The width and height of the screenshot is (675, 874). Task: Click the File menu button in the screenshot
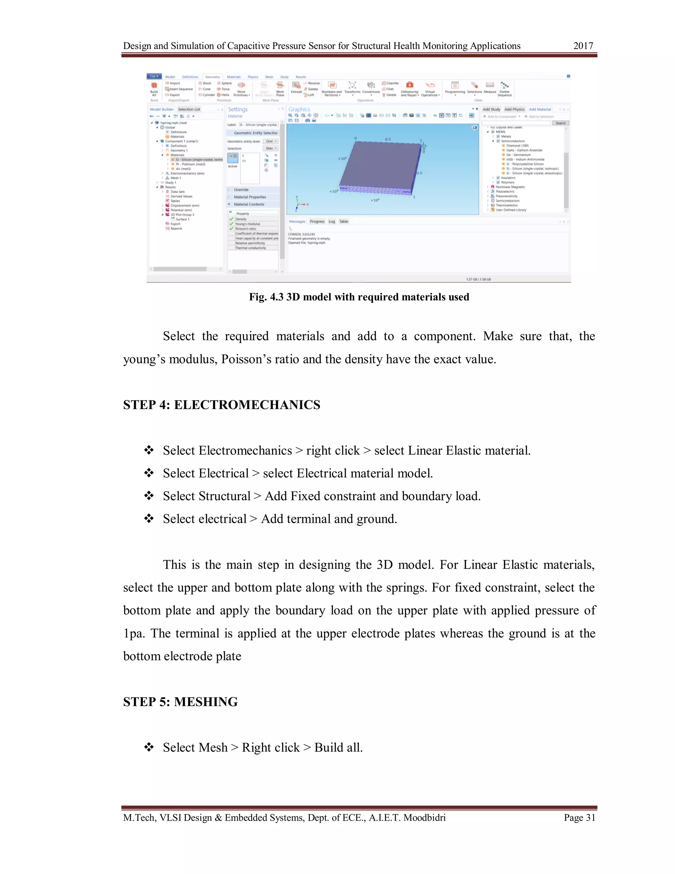tap(154, 76)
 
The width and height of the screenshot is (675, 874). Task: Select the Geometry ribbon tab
tap(212, 77)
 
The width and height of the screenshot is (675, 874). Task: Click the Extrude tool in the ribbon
tap(296, 88)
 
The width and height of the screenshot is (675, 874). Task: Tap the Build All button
tap(154, 88)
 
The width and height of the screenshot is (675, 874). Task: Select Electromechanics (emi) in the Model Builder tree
tap(187, 173)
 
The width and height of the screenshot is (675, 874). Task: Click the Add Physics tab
tap(514, 109)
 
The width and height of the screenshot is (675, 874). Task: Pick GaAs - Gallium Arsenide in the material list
tap(524, 150)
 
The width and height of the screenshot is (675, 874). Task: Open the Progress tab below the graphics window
tap(317, 221)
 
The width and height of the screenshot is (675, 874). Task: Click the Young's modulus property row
tap(248, 224)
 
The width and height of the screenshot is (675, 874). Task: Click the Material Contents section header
tap(249, 204)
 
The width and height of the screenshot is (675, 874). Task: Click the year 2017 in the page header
tap(583, 46)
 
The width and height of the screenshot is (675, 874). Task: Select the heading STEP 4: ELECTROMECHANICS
tap(221, 405)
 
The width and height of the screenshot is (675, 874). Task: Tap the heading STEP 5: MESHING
tap(180, 702)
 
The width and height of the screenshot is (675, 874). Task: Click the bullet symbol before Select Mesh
tap(149, 747)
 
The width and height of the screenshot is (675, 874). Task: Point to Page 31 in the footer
tap(579, 818)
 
